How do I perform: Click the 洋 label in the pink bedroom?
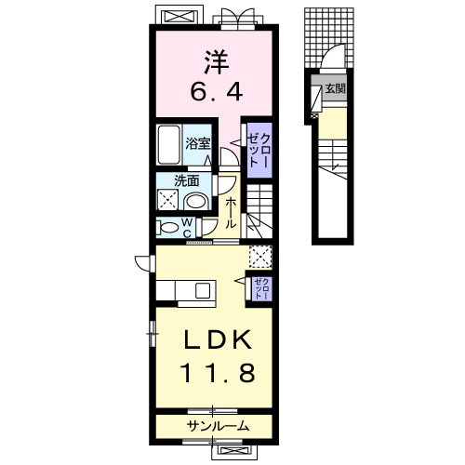pos(217,62)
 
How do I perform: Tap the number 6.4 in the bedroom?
pos(216,91)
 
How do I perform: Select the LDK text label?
pos(218,339)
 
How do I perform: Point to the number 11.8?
pos(218,372)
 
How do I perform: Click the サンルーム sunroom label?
pos(218,426)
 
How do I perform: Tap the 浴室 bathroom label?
pos(198,144)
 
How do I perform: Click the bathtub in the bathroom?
pos(168,144)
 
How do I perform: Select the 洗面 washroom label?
pos(186,181)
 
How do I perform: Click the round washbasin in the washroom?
pos(196,202)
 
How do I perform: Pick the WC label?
pos(188,228)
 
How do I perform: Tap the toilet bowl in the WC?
pos(167,228)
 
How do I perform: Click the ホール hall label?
pos(230,213)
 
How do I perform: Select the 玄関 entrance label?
pos(335,89)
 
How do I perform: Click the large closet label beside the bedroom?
pos(259,150)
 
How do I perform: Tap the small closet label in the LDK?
pos(262,289)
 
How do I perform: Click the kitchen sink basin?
pos(203,291)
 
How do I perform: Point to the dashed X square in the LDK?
pos(260,257)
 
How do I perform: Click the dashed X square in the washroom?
pos(167,200)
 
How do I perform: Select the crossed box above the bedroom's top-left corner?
pos(179,16)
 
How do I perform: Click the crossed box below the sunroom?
pos(234,450)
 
